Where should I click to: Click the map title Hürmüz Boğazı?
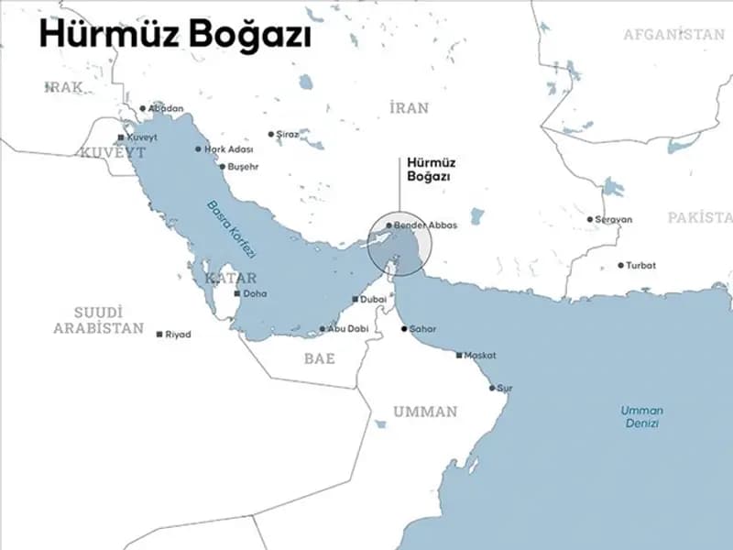pos(174,35)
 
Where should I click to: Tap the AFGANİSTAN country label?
pos(673,35)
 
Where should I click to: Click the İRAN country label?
pos(409,108)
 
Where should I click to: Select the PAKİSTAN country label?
pos(699,218)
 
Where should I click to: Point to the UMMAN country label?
pos(425,412)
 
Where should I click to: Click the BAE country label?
pos(320,358)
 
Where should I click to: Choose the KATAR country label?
pos(230,278)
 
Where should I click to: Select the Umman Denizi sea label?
pos(641,417)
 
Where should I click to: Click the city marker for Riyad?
pos(159,335)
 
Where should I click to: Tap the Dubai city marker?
pos(356,300)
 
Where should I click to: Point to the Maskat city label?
pos(480,355)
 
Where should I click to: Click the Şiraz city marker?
pos(270,134)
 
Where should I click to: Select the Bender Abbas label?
pos(424,225)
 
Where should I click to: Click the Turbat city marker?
pos(620,266)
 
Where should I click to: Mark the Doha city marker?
pos(237,294)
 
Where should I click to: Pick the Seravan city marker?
pos(590,219)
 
